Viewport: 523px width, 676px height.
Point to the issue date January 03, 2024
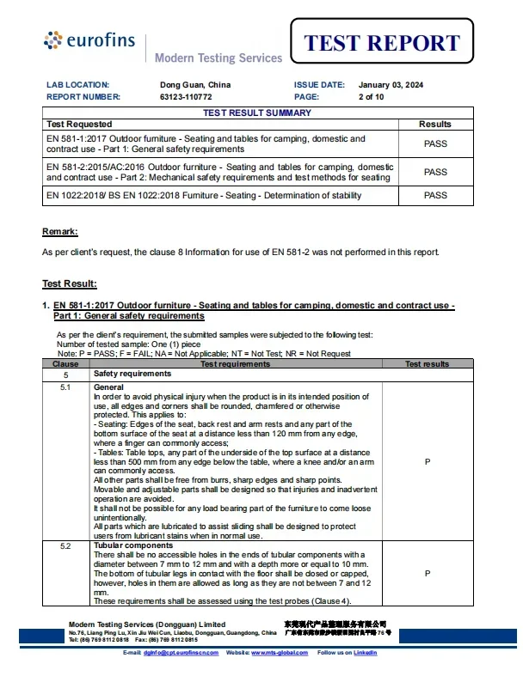tap(391, 85)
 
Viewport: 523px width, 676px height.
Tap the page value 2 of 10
tap(371, 97)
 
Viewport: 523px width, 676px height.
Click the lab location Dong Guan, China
tap(195, 85)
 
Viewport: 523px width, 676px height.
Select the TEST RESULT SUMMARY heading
tap(257, 113)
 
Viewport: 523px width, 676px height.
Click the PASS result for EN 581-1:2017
tap(435, 143)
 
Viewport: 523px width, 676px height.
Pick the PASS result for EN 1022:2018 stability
tap(435, 195)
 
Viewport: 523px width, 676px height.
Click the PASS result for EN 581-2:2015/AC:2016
tap(435, 172)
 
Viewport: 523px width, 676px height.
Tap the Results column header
tap(435, 125)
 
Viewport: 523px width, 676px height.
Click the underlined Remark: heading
tap(60, 232)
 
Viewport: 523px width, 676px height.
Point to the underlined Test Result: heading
tap(70, 283)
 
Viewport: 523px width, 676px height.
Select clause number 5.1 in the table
tap(65, 387)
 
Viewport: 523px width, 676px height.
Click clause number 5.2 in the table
tap(65, 545)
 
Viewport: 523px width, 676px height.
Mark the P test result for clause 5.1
tap(428, 461)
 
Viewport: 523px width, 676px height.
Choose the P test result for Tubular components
tap(428, 573)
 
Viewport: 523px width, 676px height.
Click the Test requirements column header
tap(235, 364)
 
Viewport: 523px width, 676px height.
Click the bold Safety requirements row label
tap(132, 375)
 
